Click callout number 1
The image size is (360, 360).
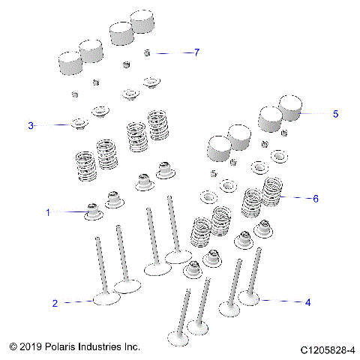pyautogui.click(x=48, y=213)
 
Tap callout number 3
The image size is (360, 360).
pyautogui.click(x=31, y=125)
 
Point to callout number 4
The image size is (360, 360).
pyautogui.click(x=307, y=302)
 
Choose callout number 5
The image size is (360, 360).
pyautogui.click(x=335, y=113)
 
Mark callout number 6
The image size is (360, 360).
pyautogui.click(x=316, y=199)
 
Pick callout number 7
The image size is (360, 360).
pyautogui.click(x=196, y=52)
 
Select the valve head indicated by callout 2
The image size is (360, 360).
pyautogui.click(x=106, y=300)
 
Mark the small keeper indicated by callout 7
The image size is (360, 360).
pyautogui.click(x=148, y=52)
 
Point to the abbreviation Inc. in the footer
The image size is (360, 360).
pyautogui.click(x=133, y=347)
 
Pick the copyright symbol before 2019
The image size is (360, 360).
pyautogui.click(x=13, y=347)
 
